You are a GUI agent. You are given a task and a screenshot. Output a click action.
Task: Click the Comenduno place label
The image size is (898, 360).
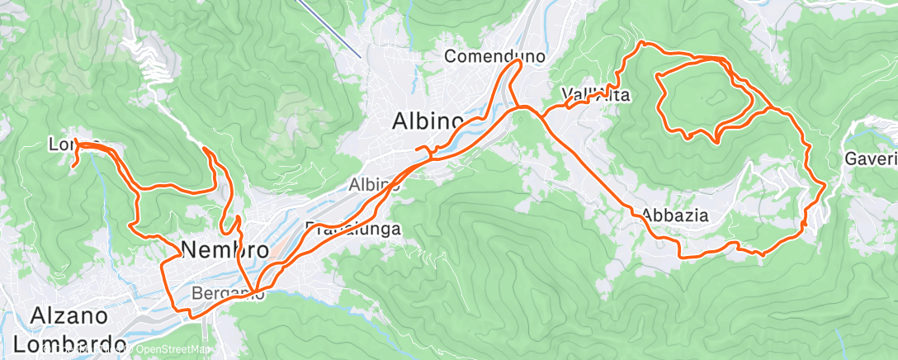pyautogui.click(x=495, y=57)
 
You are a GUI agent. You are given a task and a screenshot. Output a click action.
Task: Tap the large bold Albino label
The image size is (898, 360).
pyautogui.click(x=427, y=121)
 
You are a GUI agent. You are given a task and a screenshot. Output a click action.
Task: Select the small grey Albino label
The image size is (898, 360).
pyautogui.click(x=374, y=184)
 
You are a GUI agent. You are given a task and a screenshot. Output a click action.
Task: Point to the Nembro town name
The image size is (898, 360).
pyautogui.click(x=224, y=249)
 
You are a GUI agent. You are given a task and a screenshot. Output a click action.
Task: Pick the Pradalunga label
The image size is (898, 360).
pyautogui.click(x=353, y=229)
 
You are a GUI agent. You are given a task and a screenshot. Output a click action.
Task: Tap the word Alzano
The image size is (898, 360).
pyautogui.click(x=69, y=316)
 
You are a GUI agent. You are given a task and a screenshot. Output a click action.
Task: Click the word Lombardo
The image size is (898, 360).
pyautogui.click(x=75, y=343)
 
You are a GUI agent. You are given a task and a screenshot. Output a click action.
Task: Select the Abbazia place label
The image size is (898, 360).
pyautogui.click(x=675, y=215)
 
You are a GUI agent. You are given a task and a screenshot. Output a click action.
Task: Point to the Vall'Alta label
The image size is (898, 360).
pyautogui.click(x=595, y=95)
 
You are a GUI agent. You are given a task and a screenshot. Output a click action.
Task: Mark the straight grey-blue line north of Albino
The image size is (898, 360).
pyautogui.click(x=329, y=29)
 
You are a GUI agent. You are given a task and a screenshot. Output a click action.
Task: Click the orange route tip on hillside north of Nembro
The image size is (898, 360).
pyautogui.click(x=204, y=149)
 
